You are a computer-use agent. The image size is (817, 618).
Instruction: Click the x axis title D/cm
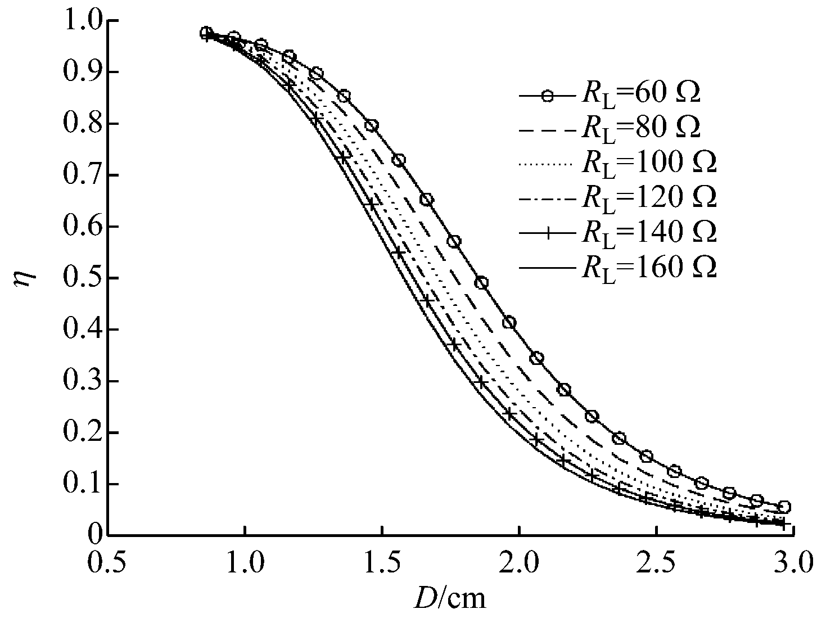pos(450,599)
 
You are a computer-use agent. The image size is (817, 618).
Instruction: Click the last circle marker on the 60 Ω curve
pos(784,507)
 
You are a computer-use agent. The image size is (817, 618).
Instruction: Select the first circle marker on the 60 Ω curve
pos(206,33)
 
